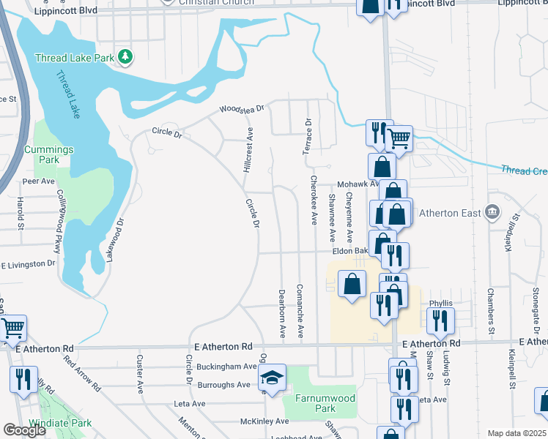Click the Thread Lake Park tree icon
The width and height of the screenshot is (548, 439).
(126, 56)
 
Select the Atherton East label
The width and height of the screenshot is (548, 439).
(450, 214)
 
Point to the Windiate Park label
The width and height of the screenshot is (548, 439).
(61, 423)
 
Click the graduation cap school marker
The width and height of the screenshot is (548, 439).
(272, 378)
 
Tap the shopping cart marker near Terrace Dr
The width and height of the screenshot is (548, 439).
(399, 137)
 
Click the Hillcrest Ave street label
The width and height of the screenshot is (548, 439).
(249, 150)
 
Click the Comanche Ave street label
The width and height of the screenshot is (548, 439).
(300, 311)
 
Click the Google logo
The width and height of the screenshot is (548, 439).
(24, 430)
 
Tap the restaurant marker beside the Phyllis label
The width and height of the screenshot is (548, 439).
(440, 320)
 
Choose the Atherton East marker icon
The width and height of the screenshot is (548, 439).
(492, 213)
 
